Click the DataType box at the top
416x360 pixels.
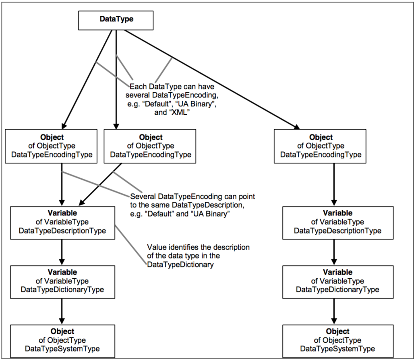(116, 20)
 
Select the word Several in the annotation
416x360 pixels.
(143, 197)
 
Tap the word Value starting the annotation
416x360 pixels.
(156, 247)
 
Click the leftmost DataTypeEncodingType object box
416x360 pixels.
(52, 146)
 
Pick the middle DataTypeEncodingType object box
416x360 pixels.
(150, 146)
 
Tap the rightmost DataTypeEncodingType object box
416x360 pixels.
(320, 146)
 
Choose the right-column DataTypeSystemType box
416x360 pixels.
(337, 340)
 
